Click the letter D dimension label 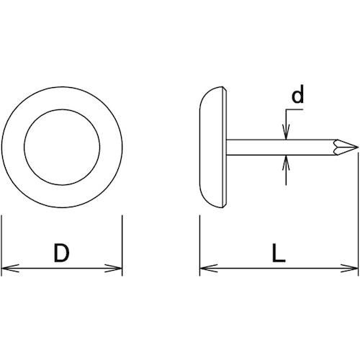coord(62,253)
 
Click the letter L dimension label coord(279,253)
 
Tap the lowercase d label coord(297,94)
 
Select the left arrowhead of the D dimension coord(10,269)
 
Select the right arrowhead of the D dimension coord(113,269)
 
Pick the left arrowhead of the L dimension coord(209,269)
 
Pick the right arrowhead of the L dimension coord(350,269)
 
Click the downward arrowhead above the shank coord(286,132)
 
